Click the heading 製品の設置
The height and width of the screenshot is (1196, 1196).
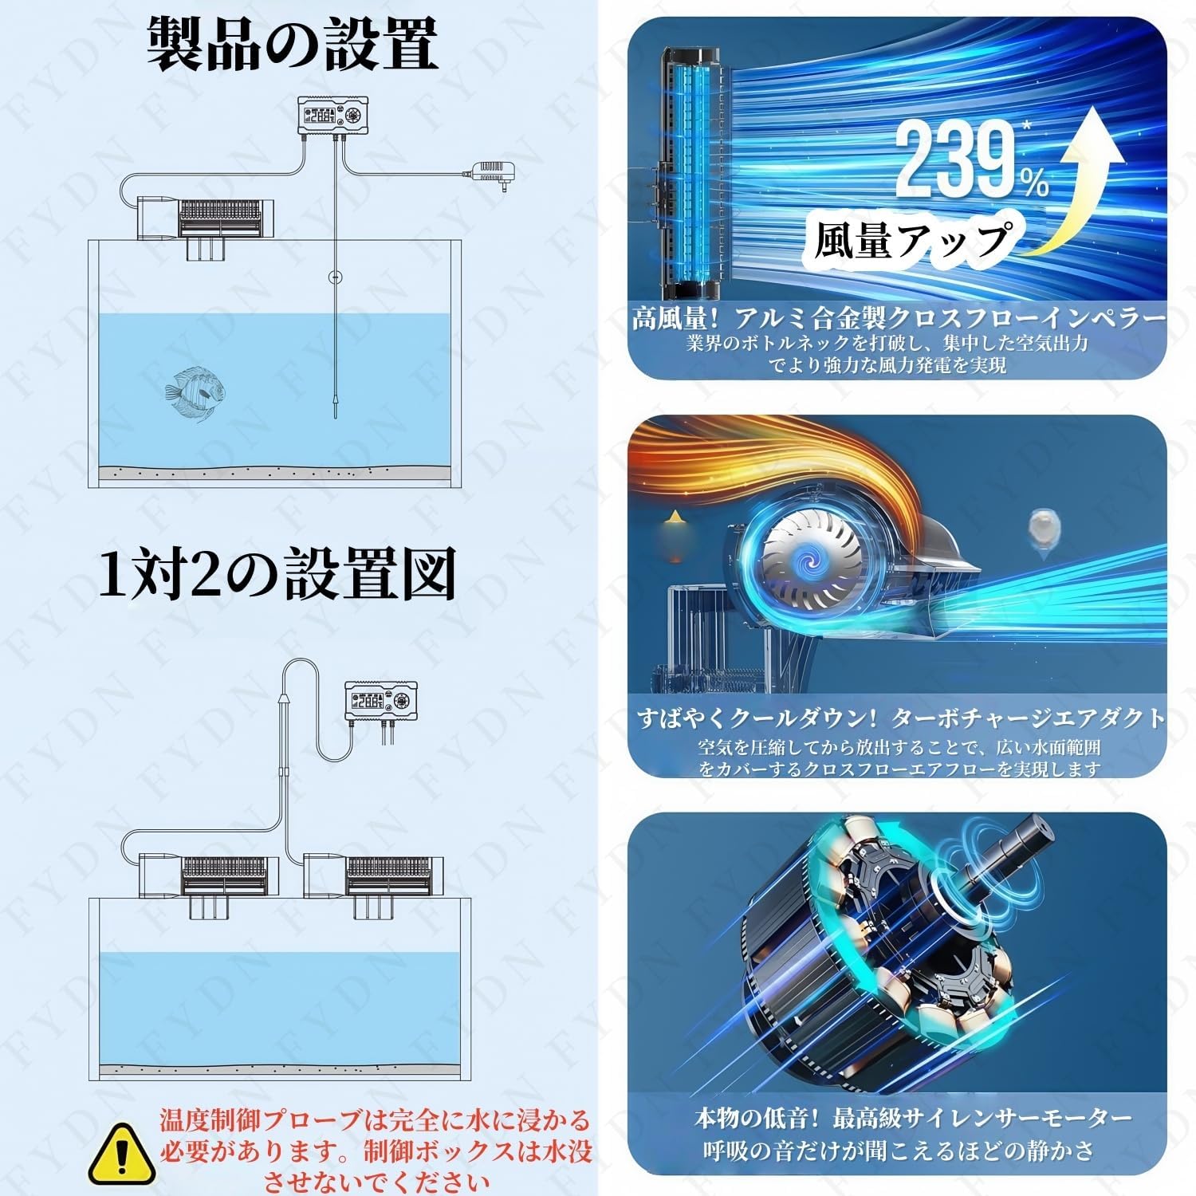click(293, 45)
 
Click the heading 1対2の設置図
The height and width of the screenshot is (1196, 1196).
click(277, 573)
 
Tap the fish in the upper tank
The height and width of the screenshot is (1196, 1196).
click(191, 393)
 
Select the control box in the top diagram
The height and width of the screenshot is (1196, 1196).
click(332, 116)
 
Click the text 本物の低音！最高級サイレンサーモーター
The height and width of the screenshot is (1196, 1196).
click(912, 1118)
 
